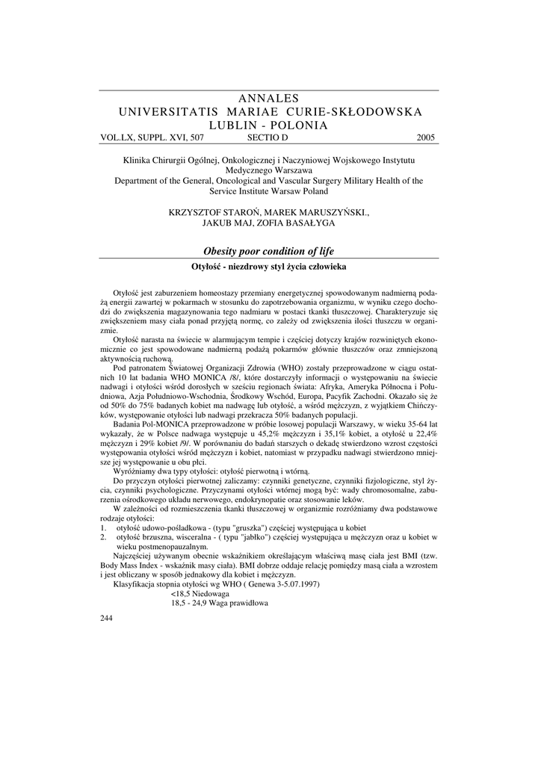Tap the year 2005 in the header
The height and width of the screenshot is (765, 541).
pos(425,138)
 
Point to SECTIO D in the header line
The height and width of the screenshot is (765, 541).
pos(267,138)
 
